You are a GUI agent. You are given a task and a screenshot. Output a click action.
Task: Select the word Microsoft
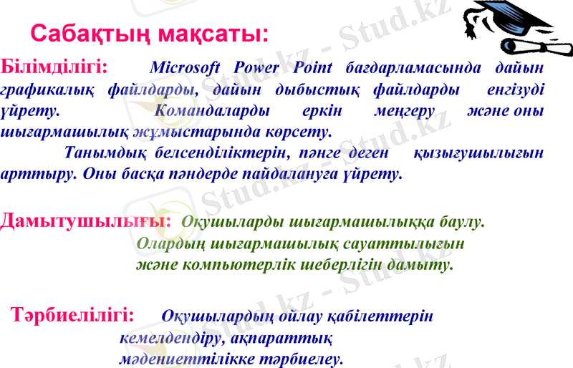[x=185, y=69]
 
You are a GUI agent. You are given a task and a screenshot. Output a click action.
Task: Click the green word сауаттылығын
[x=397, y=243]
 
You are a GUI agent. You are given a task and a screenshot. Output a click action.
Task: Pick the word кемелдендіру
[x=170, y=336]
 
